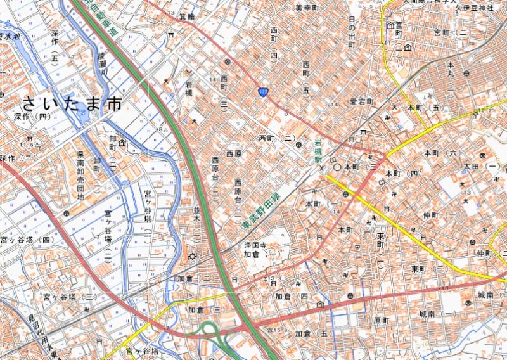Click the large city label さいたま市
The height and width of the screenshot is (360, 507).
[x=71, y=104]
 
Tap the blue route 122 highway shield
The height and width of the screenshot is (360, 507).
[x=262, y=93]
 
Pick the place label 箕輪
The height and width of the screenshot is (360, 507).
[x=187, y=16]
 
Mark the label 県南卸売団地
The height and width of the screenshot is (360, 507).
[x=81, y=176]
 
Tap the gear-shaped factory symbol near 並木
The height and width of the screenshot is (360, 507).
[x=192, y=256]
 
